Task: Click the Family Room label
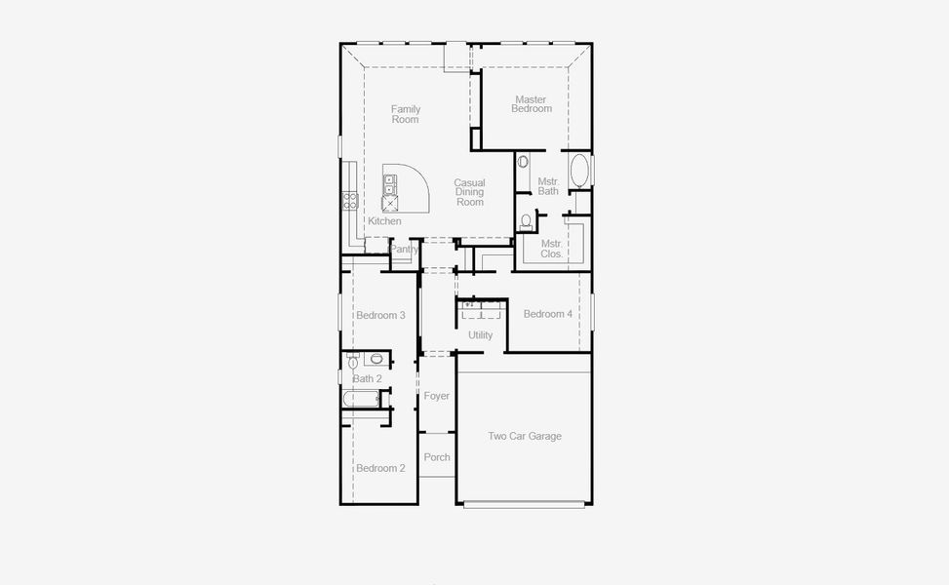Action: [405, 114]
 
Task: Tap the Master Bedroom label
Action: [531, 104]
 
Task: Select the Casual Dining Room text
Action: [469, 192]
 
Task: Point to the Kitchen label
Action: [384, 221]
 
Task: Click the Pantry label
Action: [404, 250]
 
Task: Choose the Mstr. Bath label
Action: [548, 186]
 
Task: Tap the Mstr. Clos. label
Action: [551, 249]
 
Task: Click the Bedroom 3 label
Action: [380, 315]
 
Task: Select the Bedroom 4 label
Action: [547, 314]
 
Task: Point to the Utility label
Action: [480, 335]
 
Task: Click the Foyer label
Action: [437, 396]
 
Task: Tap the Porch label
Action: [437, 457]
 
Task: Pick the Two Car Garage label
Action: [525, 436]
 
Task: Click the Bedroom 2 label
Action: [380, 468]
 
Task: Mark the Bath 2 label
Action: [368, 378]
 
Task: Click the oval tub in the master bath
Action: [579, 171]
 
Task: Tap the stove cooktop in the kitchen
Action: [349, 201]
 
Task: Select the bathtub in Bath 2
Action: [360, 399]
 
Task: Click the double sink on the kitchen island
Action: [389, 184]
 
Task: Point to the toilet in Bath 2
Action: [353, 363]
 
